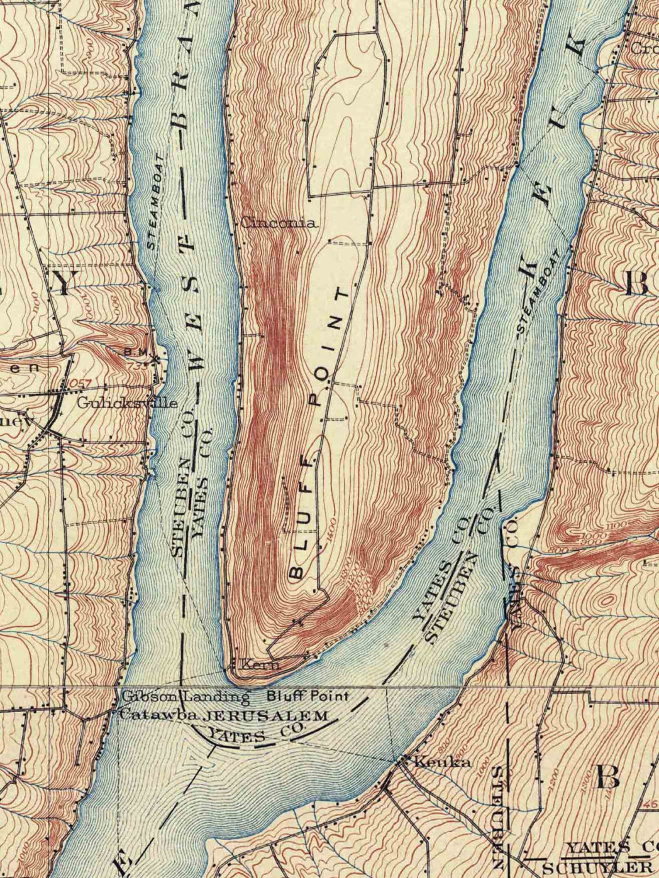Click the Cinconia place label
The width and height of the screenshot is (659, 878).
tap(279, 223)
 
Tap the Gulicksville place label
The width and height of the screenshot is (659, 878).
tap(127, 403)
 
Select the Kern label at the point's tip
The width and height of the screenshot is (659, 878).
tap(254, 665)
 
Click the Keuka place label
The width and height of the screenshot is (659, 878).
tap(443, 762)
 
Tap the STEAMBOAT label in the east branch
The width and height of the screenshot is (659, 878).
tap(538, 293)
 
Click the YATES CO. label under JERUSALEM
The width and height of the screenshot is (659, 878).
tap(256, 734)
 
